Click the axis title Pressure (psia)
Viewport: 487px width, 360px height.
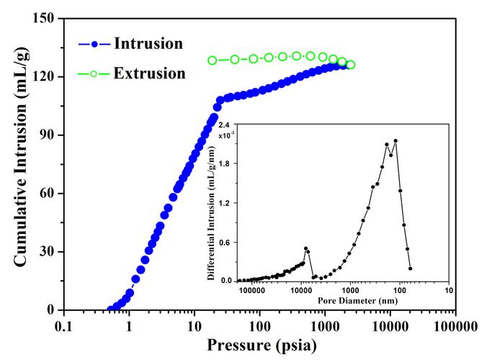(260, 345)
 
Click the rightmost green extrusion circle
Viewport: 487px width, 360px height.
(350, 65)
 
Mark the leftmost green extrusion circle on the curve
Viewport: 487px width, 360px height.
(213, 60)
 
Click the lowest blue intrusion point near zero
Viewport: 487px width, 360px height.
(110, 310)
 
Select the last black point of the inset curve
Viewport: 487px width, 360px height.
(410, 269)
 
